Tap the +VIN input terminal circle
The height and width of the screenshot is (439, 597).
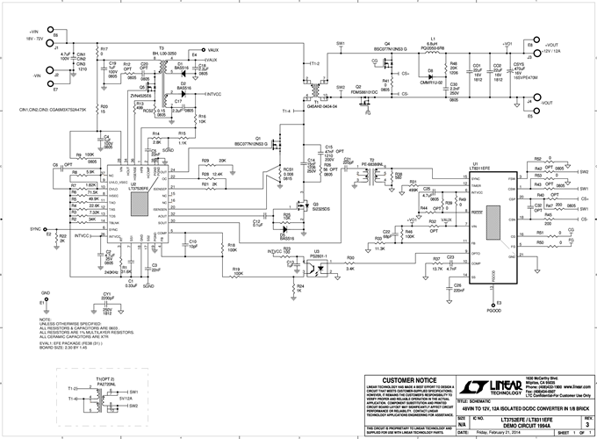point(55,40)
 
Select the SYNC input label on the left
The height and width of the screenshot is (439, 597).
point(36,227)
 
